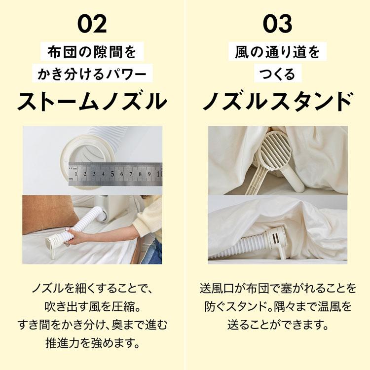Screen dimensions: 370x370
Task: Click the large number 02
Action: [92, 24]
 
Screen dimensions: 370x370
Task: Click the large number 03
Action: [277, 24]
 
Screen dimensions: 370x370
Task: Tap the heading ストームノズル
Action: [92, 102]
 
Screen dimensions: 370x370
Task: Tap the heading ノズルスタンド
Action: [277, 102]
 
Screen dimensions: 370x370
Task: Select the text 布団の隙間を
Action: [92, 52]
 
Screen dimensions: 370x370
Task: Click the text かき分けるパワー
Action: [92, 74]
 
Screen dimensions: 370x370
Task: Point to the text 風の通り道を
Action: [277, 52]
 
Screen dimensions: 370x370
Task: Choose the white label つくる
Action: [277, 74]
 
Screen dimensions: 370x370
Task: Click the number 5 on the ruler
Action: [112, 174]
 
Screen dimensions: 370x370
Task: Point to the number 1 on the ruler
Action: [76, 174]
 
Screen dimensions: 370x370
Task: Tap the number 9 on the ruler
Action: [149, 174]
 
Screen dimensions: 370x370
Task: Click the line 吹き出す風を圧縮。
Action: [92, 306]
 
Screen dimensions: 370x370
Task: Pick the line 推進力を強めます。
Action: [92, 343]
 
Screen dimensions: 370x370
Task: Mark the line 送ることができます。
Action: [278, 325]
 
